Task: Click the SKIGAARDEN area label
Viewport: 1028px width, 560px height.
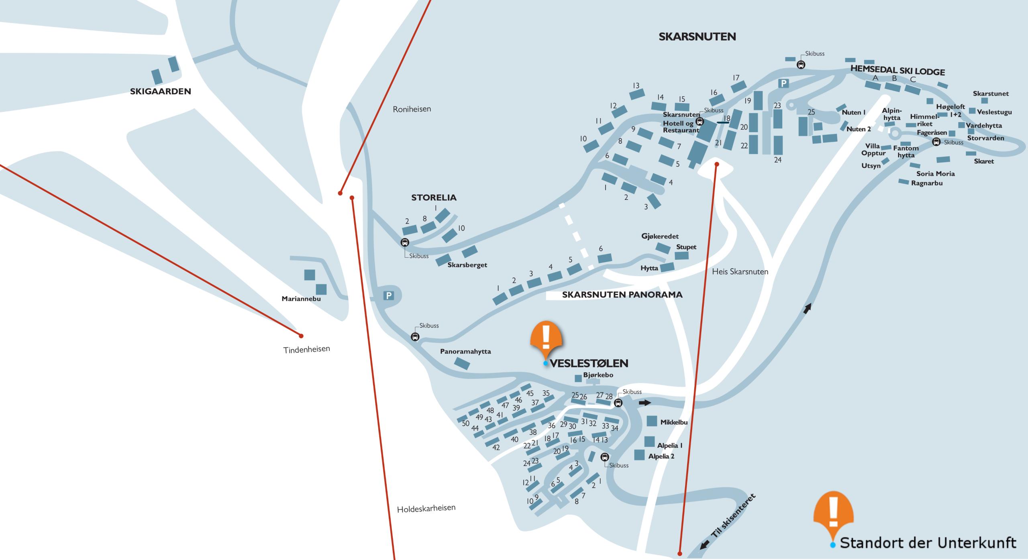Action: (160, 91)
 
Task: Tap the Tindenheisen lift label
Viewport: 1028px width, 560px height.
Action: (306, 349)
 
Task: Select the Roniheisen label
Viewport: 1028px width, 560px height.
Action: (412, 109)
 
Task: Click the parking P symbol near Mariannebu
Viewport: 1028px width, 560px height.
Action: (388, 296)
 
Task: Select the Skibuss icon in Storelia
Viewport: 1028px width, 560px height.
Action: (405, 242)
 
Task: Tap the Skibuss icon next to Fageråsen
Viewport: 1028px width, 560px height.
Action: (936, 141)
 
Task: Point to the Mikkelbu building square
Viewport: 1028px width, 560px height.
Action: (652, 421)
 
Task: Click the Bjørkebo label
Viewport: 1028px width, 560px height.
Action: (598, 375)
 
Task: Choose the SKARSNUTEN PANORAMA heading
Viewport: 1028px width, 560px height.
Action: (622, 295)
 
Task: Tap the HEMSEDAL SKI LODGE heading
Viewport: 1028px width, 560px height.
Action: (897, 71)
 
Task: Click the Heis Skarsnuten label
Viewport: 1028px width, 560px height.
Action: (740, 271)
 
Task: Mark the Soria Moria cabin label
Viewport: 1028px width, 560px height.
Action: (935, 173)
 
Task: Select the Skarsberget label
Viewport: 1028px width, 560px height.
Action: (467, 265)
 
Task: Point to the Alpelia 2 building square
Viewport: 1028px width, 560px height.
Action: (639, 455)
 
